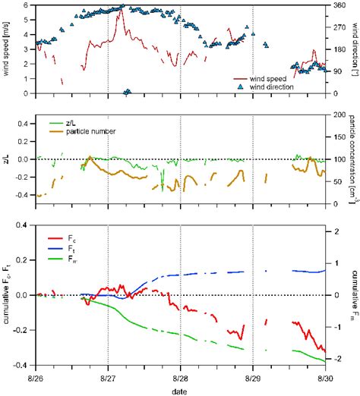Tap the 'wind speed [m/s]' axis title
[7, 49]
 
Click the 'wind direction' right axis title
[354, 49]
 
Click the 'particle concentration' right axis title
[354, 159]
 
